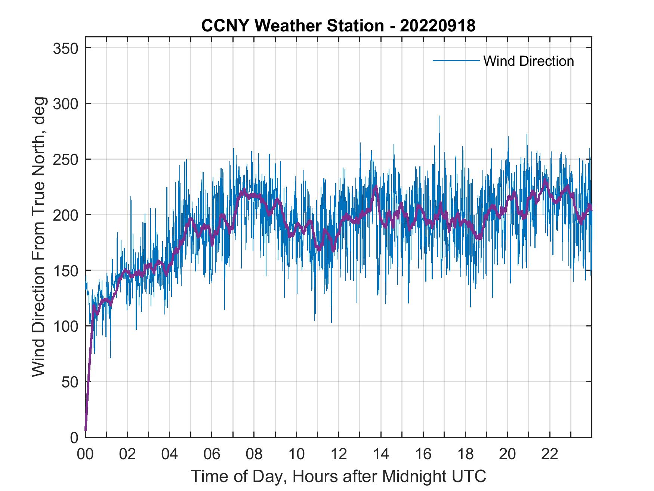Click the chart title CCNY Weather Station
tap(292, 26)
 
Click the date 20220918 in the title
tap(438, 26)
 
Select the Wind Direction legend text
tap(528, 61)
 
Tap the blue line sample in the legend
tap(456, 61)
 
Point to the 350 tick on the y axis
tap(66, 48)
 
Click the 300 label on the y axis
tap(66, 104)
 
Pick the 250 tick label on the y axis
tap(66, 159)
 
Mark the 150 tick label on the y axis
tap(66, 270)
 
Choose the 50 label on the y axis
tap(70, 382)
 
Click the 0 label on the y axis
tap(74, 437)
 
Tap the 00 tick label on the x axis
tap(85, 454)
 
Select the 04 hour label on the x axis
tap(170, 454)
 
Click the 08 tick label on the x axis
tap(254, 454)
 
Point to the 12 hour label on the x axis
tap(339, 454)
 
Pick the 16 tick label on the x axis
tap(423, 454)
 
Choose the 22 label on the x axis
tap(550, 454)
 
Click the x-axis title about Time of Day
tap(338, 476)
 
